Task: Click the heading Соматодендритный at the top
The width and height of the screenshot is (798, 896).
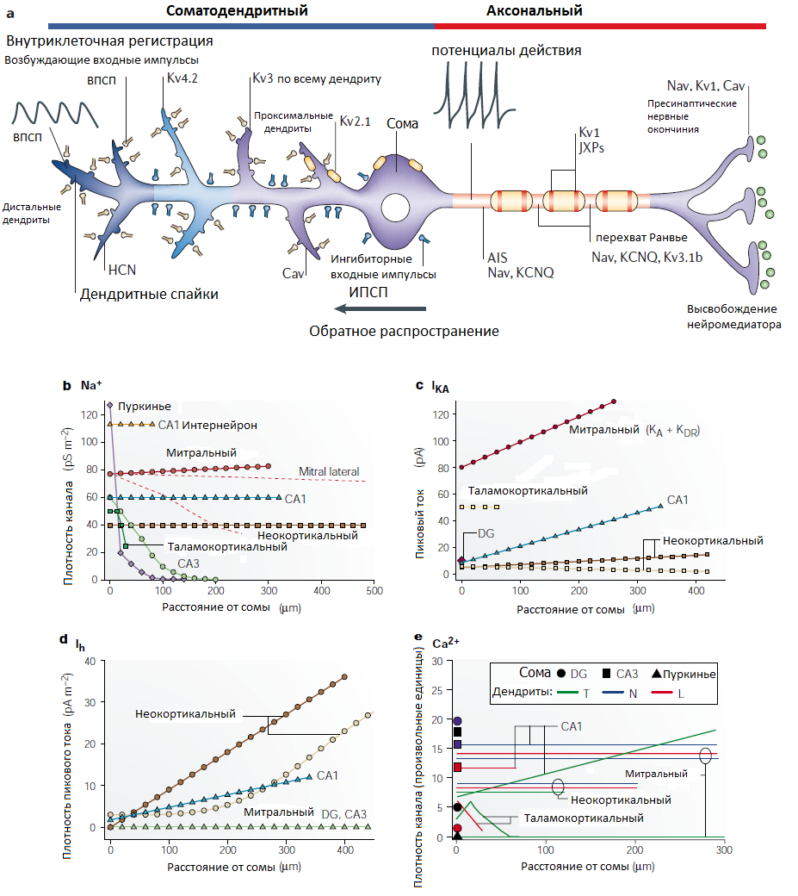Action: pos(237,11)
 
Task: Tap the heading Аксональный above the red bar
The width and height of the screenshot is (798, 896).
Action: pos(535,10)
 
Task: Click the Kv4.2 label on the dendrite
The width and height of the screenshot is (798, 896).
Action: pos(182,78)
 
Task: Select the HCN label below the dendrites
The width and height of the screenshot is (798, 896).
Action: pos(122,270)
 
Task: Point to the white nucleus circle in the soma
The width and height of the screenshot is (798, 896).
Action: pos(395,208)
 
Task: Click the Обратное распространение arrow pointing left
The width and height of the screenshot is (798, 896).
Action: pos(380,308)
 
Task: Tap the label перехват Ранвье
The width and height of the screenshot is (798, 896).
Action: pos(641,238)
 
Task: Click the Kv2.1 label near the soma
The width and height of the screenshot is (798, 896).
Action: pos(355,121)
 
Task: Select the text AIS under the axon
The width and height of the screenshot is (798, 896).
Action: pos(498,258)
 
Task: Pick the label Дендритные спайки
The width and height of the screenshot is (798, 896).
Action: pos(149,295)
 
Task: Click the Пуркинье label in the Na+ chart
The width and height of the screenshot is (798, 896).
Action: pos(145,407)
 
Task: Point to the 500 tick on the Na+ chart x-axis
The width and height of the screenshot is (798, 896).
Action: pos(374,591)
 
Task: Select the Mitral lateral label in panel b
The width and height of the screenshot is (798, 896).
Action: pos(330,471)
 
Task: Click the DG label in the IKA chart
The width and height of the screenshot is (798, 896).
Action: pos(486,533)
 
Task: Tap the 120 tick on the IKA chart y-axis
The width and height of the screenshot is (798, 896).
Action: pos(442,415)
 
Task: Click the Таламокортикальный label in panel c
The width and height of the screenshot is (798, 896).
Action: pos(528,491)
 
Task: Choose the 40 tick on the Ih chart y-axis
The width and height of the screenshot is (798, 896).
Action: pos(90,661)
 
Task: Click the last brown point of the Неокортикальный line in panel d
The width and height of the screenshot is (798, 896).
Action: pos(344,677)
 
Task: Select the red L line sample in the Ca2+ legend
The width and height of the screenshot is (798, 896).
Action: pos(662,694)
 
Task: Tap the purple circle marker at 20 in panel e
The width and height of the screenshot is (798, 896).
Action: pos(457,721)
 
